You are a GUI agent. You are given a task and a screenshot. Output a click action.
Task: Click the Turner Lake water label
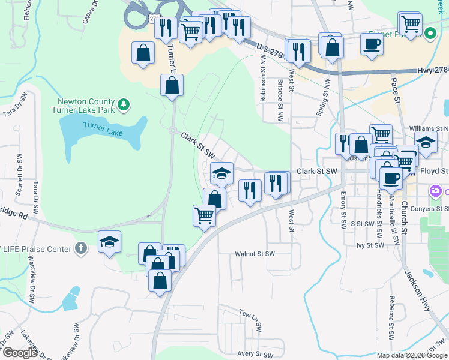click(102, 129)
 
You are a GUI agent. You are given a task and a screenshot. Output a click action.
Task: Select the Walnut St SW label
click(255, 254)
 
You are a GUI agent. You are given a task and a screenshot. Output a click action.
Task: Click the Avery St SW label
click(255, 354)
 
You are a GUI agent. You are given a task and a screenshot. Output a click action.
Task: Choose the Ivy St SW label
click(370, 245)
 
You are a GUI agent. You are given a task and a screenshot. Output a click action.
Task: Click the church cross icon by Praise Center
click(82, 247)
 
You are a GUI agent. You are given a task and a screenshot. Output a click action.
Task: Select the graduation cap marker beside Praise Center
click(109, 241)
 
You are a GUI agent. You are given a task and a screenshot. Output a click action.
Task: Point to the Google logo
click(20, 353)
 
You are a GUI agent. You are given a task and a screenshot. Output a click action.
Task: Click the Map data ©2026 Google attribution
click(412, 355)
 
